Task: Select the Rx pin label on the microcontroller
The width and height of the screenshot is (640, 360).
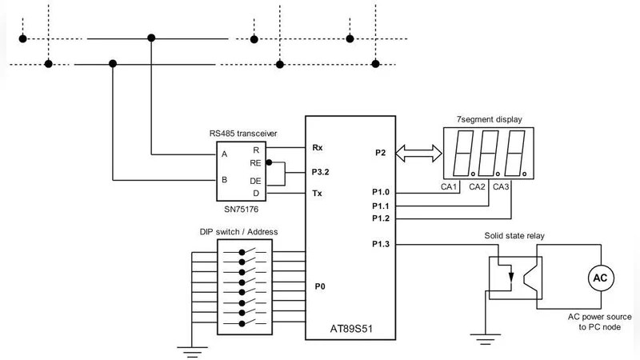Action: click(318, 147)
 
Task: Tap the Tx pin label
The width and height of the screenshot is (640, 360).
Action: click(317, 193)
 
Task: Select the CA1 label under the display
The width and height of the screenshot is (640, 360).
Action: click(449, 187)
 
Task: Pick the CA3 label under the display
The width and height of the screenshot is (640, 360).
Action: click(502, 187)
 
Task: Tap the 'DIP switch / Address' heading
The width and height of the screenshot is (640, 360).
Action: click(238, 232)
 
